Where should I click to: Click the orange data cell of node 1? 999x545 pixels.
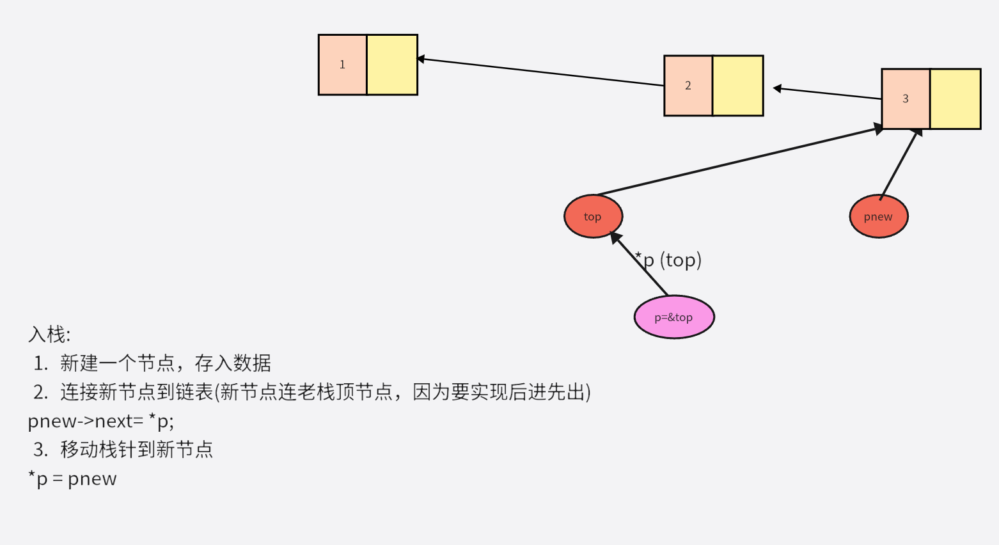pyautogui.click(x=342, y=65)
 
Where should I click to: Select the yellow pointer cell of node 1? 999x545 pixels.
pyautogui.click(x=392, y=65)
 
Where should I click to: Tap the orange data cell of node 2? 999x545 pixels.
pyautogui.click(x=688, y=86)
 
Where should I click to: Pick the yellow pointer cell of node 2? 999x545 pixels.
pyautogui.click(x=737, y=86)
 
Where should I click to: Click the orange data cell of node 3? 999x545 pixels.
pyautogui.click(x=906, y=99)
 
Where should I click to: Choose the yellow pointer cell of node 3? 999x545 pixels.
pyautogui.click(x=955, y=99)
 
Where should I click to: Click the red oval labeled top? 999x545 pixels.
pyautogui.click(x=593, y=216)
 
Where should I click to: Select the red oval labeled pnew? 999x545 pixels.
pyautogui.click(x=878, y=216)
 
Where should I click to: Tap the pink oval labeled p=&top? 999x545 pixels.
pyautogui.click(x=673, y=317)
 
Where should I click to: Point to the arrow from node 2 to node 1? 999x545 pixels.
pyautogui.click(x=540, y=72)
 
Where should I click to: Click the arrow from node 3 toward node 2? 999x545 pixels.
pyautogui.click(x=828, y=93)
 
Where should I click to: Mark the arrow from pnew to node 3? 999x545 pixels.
pyautogui.click(x=900, y=164)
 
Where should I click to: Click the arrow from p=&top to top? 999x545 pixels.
pyautogui.click(x=640, y=265)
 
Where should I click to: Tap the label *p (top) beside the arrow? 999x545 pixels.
pyautogui.click(x=669, y=260)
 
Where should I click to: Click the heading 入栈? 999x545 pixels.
pyautogui.click(x=49, y=335)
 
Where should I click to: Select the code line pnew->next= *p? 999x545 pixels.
pyautogui.click(x=100, y=421)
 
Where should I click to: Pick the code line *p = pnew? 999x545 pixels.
pyautogui.click(x=72, y=478)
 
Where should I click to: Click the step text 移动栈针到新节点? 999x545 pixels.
pyautogui.click(x=136, y=450)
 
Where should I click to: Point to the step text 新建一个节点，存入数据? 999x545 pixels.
pyautogui.click(x=166, y=363)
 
